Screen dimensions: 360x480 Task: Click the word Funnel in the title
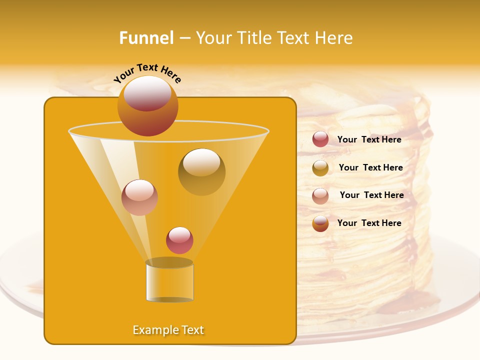coord(146,38)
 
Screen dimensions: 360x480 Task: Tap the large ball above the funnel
coord(147,105)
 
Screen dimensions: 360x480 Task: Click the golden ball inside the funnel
coord(201,171)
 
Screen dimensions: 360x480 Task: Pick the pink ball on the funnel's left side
coord(139,197)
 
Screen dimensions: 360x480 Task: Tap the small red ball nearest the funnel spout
coord(179,240)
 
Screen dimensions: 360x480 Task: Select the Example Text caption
coord(168,330)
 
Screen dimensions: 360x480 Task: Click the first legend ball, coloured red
coord(320,139)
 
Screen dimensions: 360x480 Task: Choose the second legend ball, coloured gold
coord(320,167)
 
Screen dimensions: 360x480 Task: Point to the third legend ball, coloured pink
coord(320,195)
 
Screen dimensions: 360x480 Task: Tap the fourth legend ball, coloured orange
coord(320,223)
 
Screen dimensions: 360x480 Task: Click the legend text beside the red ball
coord(369,139)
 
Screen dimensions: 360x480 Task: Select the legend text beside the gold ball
coord(370,167)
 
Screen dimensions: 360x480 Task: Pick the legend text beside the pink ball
coord(371,195)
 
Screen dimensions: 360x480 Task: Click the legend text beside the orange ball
coord(369,223)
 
